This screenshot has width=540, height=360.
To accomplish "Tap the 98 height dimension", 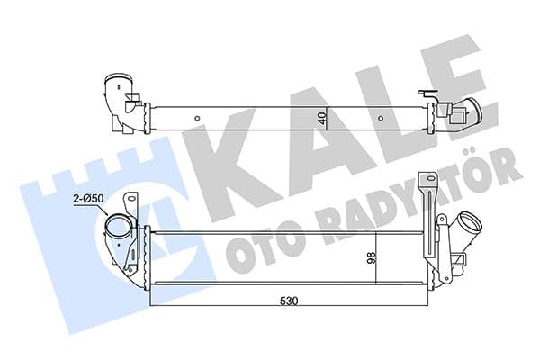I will click(370, 259).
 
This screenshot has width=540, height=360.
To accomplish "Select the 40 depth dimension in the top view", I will click(320, 116).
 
